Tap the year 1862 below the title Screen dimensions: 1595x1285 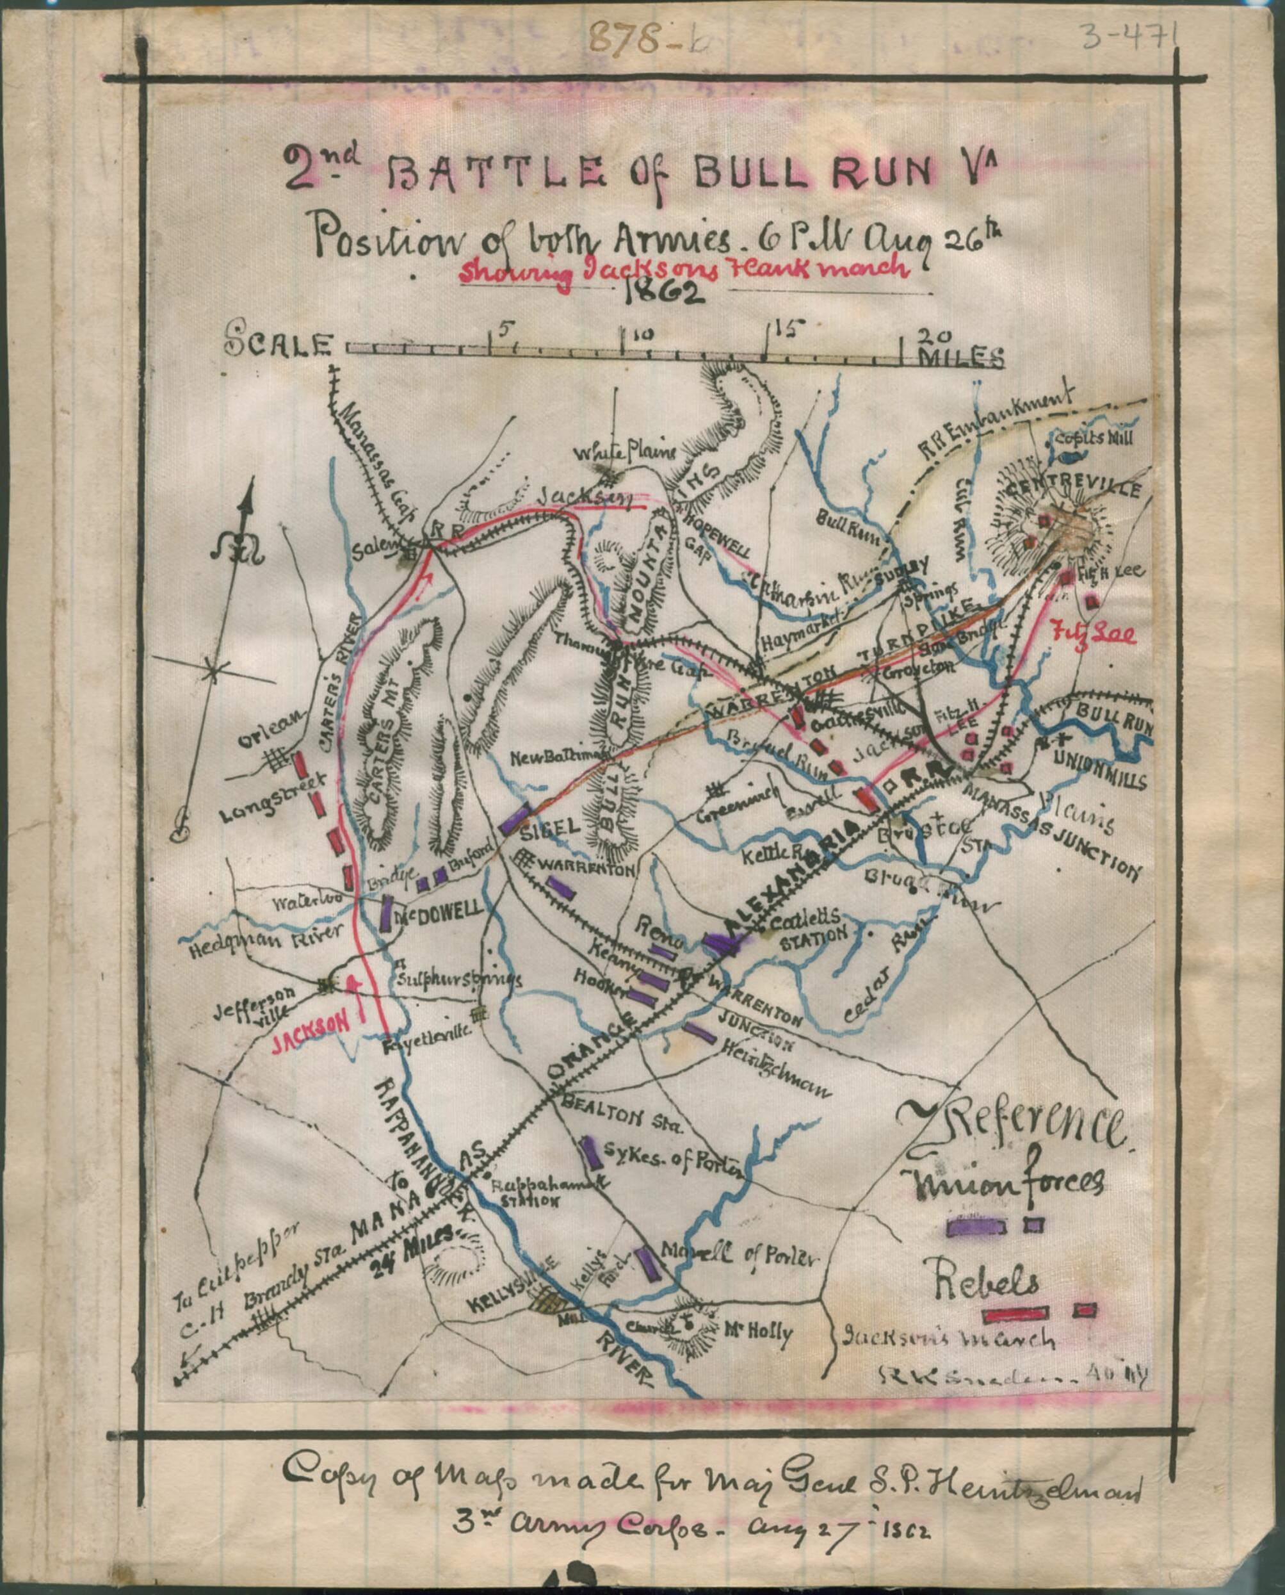(x=663, y=294)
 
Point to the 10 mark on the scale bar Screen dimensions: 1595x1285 (x=643, y=335)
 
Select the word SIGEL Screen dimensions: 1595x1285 (x=550, y=830)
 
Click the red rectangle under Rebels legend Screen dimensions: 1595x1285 (x=1014, y=1314)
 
